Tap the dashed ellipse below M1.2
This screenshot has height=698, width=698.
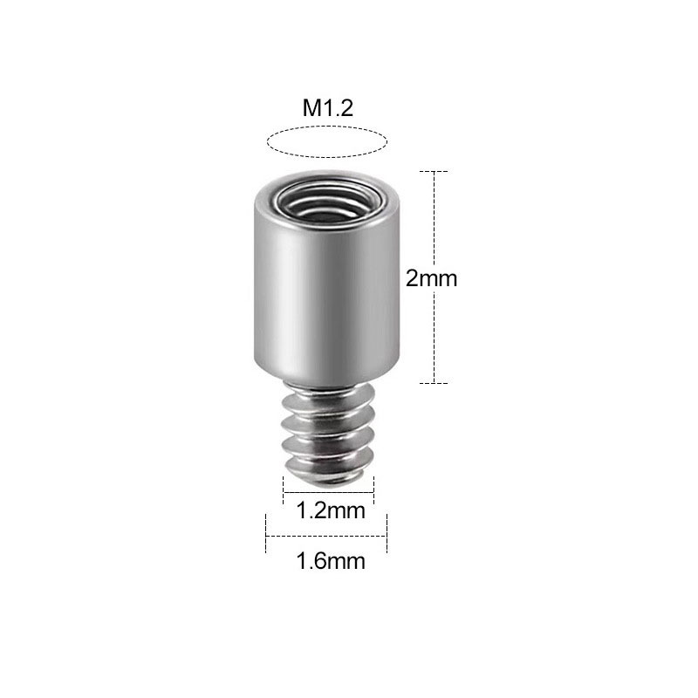[326, 141]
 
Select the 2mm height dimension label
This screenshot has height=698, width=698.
[432, 278]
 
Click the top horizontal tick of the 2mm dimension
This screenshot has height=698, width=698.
[434, 171]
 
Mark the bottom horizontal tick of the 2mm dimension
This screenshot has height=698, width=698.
[434, 383]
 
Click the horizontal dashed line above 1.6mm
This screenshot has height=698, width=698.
[326, 536]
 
